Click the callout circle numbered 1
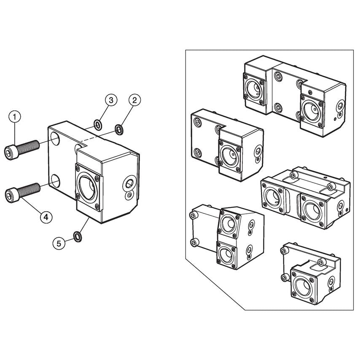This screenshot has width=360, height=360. pos(15,116)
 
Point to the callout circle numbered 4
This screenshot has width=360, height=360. pos(46,217)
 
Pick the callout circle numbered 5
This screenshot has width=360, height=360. pos(59,243)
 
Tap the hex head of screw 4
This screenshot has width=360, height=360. pos(10,194)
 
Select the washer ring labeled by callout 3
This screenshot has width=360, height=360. pos(98,124)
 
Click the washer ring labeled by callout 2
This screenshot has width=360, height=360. pos(119,129)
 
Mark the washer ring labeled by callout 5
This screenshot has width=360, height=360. pos(78,236)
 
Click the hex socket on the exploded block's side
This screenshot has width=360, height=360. pos(129,183)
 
